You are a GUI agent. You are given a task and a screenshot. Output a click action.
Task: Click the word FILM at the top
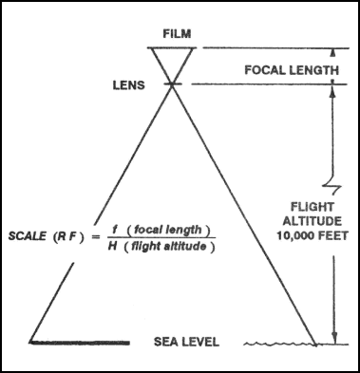click(x=178, y=34)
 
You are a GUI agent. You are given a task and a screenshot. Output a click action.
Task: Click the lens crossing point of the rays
click(x=172, y=84)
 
